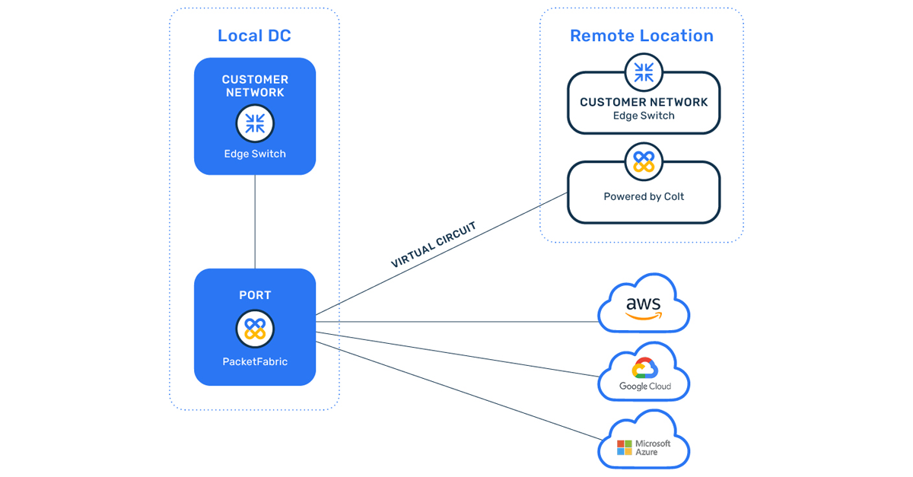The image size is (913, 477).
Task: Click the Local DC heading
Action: click(254, 36)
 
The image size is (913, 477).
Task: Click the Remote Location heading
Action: click(641, 36)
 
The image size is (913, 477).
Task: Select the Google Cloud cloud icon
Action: click(644, 374)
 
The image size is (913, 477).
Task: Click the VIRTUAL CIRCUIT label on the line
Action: click(433, 244)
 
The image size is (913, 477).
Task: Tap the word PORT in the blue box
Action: click(255, 295)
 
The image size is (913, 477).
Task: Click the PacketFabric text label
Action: click(255, 362)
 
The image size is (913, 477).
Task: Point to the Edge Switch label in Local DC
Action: click(255, 154)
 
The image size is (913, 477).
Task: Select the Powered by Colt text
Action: click(644, 196)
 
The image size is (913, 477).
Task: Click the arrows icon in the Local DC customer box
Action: click(255, 123)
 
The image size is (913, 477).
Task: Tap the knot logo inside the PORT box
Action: click(255, 329)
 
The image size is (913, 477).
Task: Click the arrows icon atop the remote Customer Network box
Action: click(644, 73)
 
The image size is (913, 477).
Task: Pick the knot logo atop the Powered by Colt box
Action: click(644, 161)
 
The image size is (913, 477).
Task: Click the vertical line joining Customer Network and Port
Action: click(255, 221)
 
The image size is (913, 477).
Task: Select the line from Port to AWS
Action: click(456, 322)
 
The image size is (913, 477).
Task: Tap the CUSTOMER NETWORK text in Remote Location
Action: click(644, 102)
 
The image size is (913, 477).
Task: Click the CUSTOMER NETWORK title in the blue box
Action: click(255, 86)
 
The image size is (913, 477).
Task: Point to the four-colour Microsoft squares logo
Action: click(625, 447)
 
